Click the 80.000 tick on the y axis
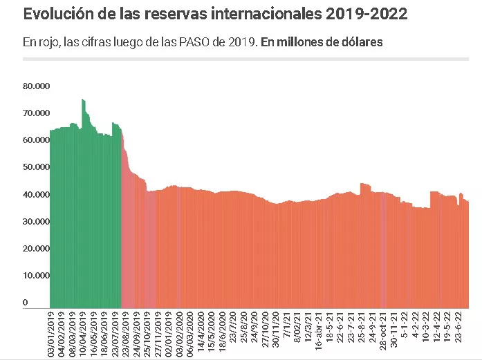click(36, 86)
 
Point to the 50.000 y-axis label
click(36, 167)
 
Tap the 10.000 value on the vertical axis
click(36, 276)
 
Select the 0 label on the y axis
click(26, 303)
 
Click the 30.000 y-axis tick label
click(36, 222)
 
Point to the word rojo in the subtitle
click(48, 42)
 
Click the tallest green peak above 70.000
click(83, 101)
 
